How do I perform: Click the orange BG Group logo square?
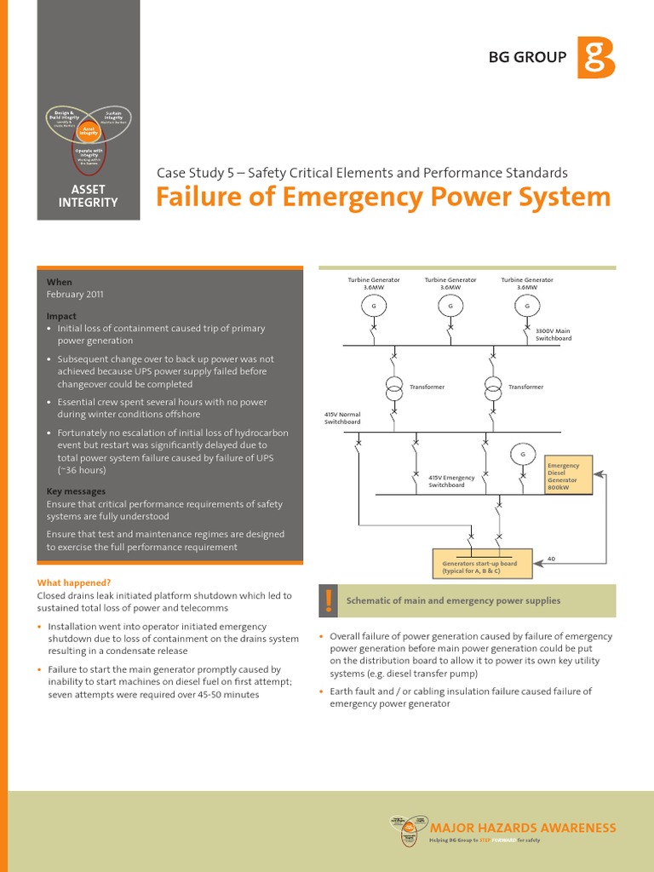[x=595, y=57]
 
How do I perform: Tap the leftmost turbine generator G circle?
[x=374, y=306]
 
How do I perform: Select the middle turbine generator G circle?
[x=450, y=306]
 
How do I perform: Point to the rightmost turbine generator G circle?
[x=527, y=306]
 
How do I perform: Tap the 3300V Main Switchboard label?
[x=553, y=335]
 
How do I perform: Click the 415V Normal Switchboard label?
[x=342, y=418]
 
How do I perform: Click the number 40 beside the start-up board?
[x=551, y=559]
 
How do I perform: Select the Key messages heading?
[x=76, y=491]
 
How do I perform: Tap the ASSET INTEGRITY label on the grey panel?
[x=88, y=196]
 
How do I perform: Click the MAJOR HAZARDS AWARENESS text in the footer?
[x=523, y=828]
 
